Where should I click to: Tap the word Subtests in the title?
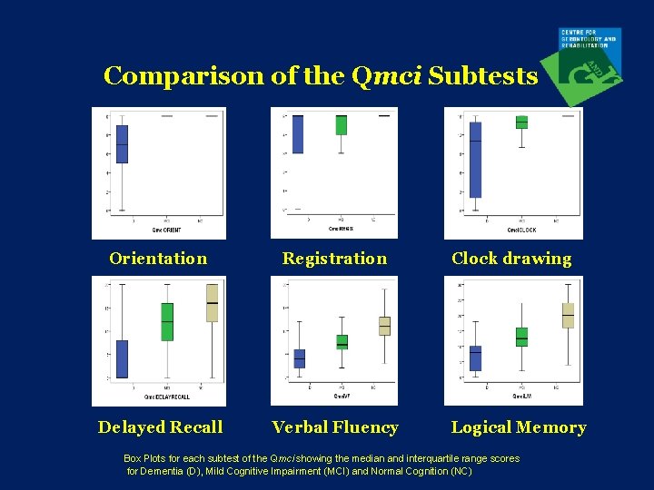coord(482,75)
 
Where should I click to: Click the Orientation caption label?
coord(158,259)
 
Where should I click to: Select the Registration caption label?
coord(334,259)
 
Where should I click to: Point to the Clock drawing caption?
coord(511,259)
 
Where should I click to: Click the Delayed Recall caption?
coord(160,427)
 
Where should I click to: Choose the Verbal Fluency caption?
coord(335,427)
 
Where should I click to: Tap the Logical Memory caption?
coord(519,427)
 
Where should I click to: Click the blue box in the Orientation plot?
coord(122,144)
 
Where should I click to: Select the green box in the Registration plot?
coord(341,125)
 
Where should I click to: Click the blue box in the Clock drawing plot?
coord(475,160)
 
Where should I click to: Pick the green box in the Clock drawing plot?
coord(521,122)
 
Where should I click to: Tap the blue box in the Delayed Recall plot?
coord(122,358)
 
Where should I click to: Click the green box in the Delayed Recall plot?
coord(167,321)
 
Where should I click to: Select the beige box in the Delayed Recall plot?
coord(212,303)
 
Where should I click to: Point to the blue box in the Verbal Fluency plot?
coord(300,358)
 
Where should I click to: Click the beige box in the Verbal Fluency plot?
coord(384,326)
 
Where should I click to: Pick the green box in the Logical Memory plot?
coord(521,337)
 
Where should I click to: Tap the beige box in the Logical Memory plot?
coord(568,315)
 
